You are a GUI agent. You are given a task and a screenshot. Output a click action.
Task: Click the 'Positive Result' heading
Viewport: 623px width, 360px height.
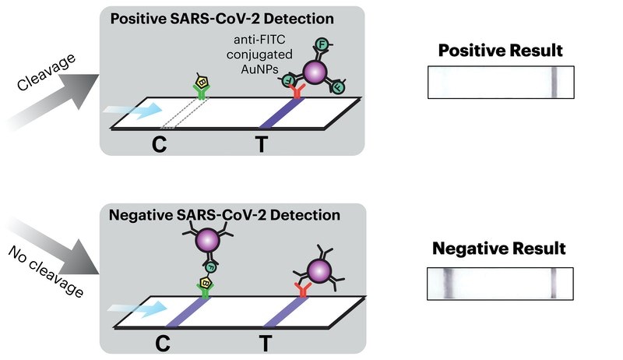coord(500,51)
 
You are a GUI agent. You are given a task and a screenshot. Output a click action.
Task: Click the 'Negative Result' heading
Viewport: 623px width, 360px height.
coord(499,249)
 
